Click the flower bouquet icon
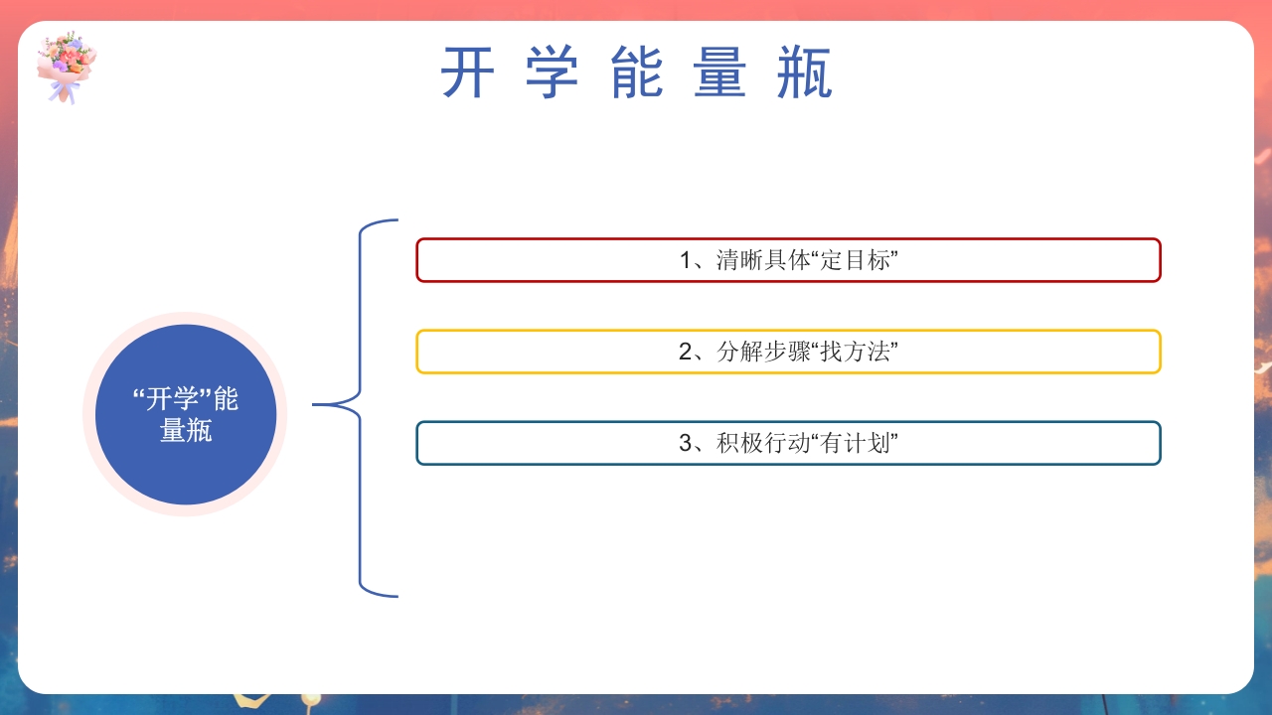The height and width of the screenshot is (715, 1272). (67, 66)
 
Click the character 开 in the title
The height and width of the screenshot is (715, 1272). (467, 73)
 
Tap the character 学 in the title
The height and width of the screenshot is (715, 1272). (552, 73)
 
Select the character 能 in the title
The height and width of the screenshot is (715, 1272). (636, 73)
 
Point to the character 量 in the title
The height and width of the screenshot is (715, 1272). (720, 73)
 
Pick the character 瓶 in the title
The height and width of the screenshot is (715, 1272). (804, 73)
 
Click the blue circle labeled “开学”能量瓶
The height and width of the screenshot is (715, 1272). (185, 414)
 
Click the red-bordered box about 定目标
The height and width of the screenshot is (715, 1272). (788, 260)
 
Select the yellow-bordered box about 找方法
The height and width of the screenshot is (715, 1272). (788, 352)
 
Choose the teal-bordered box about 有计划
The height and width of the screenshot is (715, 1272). (788, 443)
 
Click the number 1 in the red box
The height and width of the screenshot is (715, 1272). (686, 261)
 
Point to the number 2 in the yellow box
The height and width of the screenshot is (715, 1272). (686, 353)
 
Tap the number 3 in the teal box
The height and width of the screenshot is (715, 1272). (686, 444)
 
